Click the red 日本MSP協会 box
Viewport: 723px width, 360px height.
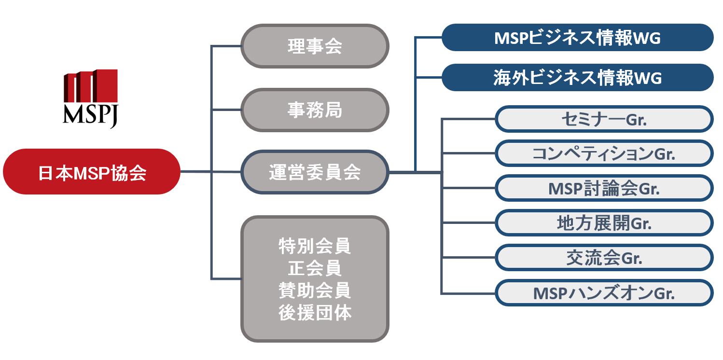click(92, 172)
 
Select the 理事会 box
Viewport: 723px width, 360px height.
click(315, 46)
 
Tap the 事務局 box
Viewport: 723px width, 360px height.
click(315, 110)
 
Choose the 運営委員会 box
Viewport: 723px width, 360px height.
click(315, 172)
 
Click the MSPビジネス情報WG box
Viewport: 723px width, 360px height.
click(577, 38)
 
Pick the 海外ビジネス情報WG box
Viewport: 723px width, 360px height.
click(577, 77)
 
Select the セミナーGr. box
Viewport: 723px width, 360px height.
click(604, 119)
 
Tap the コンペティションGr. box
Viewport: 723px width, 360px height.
click(604, 153)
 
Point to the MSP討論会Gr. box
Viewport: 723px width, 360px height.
click(604, 188)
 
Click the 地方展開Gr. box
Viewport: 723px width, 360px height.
click(604, 223)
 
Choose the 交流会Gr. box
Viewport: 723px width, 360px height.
click(604, 258)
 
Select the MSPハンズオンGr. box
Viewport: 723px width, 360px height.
click(604, 293)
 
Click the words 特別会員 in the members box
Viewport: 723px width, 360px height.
click(315, 246)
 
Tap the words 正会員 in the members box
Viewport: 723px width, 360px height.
click(315, 268)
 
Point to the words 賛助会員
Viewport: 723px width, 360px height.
click(315, 291)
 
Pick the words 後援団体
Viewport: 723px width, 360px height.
click(315, 313)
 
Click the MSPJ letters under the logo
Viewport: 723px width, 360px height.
click(91, 115)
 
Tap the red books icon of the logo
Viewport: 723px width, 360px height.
click(91, 86)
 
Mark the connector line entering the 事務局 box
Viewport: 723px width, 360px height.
click(226, 110)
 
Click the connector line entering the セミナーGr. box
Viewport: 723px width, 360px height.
click(468, 119)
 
